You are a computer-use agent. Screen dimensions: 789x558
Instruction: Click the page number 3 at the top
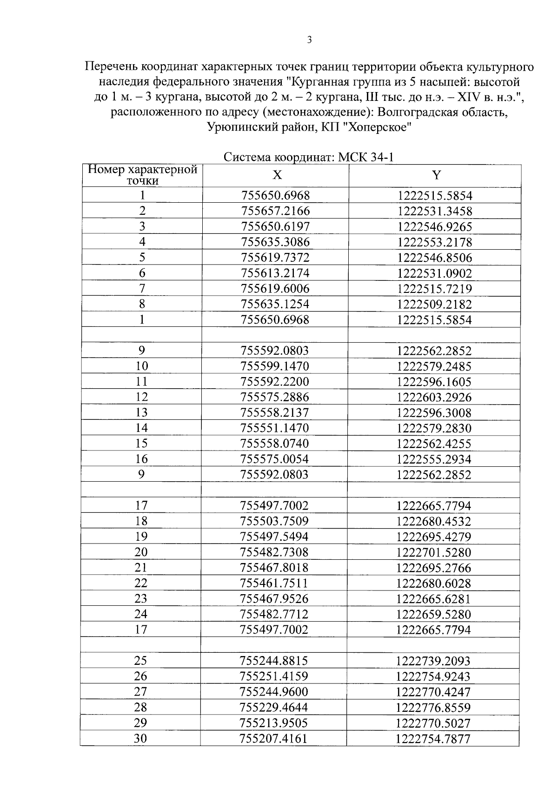click(x=309, y=40)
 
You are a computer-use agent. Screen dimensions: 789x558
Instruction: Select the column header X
click(x=277, y=175)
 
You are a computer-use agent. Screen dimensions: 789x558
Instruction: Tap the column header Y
click(x=436, y=175)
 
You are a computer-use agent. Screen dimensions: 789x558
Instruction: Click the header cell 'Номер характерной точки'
click(x=143, y=175)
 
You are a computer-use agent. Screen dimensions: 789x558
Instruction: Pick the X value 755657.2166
click(x=275, y=211)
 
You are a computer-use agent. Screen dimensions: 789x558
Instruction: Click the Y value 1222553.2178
click(x=435, y=242)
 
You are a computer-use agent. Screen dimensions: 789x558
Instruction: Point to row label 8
click(x=142, y=304)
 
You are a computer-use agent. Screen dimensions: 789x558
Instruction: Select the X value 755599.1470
click(x=275, y=366)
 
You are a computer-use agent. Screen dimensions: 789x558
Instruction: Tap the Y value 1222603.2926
click(x=434, y=397)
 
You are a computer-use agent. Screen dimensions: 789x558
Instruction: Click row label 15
click(x=141, y=444)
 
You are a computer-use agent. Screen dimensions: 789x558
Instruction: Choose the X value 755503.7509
click(x=274, y=521)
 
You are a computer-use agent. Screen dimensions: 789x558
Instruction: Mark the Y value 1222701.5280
click(x=434, y=552)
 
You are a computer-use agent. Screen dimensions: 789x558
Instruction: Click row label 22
click(x=141, y=583)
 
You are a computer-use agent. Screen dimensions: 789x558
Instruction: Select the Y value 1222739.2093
click(x=433, y=661)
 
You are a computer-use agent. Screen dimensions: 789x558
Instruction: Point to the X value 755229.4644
click(x=273, y=707)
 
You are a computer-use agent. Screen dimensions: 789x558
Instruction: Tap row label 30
click(x=140, y=738)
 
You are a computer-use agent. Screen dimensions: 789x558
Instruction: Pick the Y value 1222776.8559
click(x=433, y=708)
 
